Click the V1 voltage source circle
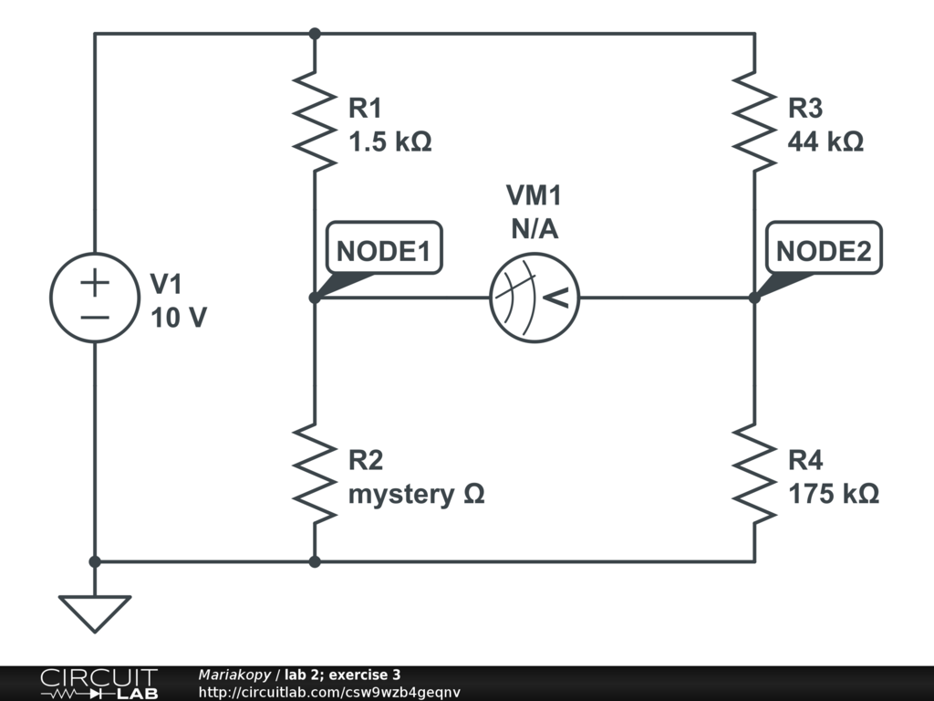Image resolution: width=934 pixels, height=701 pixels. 94,298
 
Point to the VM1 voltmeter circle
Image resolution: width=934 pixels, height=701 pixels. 534,298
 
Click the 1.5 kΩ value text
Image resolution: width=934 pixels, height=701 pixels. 389,142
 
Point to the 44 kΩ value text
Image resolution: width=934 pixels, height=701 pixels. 825,142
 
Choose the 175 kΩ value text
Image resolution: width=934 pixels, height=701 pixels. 833,494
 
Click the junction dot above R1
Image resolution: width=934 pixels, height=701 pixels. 314,34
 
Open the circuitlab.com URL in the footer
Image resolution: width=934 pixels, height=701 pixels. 329,692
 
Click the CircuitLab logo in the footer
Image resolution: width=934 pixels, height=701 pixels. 99,684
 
